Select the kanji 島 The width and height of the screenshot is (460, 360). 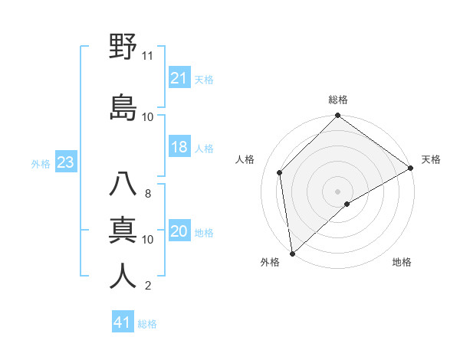[x=123, y=106]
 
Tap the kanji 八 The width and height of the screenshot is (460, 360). [x=123, y=185]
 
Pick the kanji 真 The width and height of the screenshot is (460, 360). [x=123, y=231]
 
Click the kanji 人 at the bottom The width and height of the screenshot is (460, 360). [x=123, y=276]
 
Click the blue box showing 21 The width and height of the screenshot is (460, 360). [x=179, y=78]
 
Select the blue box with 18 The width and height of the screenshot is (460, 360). [x=179, y=148]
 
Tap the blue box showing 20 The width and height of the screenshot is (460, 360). [x=179, y=232]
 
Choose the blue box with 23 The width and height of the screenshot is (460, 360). [x=65, y=162]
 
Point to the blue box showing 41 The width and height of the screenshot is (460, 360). [x=123, y=322]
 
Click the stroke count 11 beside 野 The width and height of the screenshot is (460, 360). [x=147, y=56]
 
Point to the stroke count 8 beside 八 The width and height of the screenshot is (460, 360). [x=148, y=194]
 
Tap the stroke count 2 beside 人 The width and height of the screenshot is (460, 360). [x=148, y=286]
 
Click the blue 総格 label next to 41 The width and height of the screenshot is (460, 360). [x=147, y=324]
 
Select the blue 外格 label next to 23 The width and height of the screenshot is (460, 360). [x=41, y=163]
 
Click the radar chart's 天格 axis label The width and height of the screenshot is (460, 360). [x=431, y=159]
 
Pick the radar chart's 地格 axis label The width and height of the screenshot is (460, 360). [x=402, y=262]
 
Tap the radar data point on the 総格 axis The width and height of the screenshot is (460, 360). [x=337, y=116]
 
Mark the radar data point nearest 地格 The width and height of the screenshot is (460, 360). [x=347, y=204]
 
